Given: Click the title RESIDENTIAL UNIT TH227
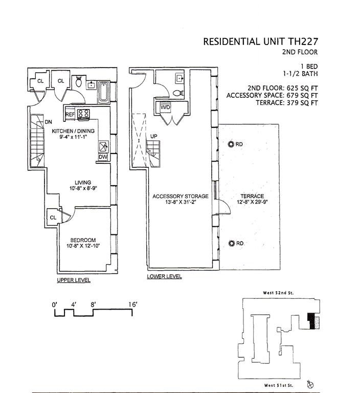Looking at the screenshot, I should point(261,41).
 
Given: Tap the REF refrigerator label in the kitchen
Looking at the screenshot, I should point(70,114).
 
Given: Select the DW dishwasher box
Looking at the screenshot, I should point(103,157).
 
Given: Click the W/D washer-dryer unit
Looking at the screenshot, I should point(166,108).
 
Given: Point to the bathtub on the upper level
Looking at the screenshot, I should point(104,92).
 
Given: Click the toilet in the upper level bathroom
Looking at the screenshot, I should point(78,82).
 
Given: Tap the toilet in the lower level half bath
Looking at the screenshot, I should point(177,93).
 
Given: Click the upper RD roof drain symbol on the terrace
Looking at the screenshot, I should point(231,144).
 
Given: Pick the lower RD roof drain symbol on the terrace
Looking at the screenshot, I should point(231,244).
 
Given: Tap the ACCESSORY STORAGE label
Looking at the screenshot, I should point(181,196).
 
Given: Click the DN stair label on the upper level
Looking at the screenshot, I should point(49,122).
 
